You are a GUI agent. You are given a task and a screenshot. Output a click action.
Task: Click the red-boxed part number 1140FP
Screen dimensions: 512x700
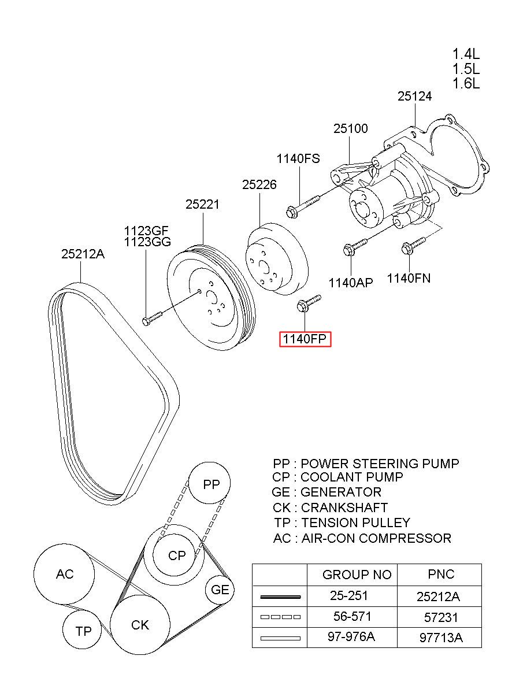305,339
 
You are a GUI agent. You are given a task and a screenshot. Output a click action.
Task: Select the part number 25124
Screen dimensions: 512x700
414,97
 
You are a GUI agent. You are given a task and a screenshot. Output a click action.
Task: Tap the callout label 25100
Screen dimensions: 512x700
351,128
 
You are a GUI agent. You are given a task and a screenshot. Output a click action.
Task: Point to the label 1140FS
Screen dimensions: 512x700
298,159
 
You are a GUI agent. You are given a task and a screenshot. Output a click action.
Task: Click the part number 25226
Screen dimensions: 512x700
259,185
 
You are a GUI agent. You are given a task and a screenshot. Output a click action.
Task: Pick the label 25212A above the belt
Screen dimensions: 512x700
83,254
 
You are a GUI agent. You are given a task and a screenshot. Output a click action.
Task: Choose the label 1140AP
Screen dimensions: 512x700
351,283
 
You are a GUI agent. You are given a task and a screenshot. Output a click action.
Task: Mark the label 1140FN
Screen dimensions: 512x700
409,278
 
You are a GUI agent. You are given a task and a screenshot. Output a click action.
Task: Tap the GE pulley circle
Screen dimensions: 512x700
220,590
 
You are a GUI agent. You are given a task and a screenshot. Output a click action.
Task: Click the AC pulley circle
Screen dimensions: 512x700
64,574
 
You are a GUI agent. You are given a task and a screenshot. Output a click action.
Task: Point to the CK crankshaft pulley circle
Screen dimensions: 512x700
140,625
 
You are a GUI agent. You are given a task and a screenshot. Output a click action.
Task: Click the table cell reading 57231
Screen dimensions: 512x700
441,617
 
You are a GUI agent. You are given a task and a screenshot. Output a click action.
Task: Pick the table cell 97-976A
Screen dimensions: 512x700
351,636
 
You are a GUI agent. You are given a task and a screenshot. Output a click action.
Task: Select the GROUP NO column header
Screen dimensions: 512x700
357,575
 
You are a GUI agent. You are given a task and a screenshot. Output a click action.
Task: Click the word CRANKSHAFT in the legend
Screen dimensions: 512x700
344,508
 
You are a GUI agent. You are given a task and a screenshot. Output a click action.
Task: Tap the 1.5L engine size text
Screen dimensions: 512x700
466,69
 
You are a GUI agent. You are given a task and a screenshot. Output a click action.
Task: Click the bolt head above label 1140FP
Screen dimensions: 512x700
302,306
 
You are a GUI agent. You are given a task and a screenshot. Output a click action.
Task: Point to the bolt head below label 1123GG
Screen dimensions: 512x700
146,321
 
